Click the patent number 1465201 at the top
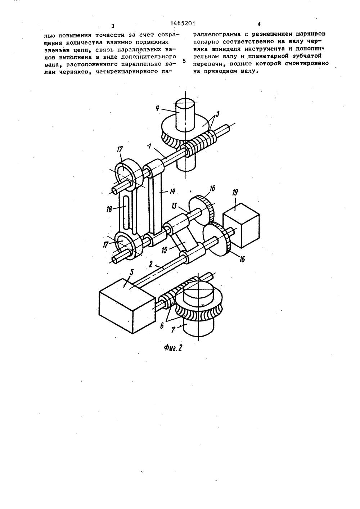point(183,23)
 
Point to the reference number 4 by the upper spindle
point(163,108)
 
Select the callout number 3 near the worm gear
point(217,114)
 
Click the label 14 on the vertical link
point(172,192)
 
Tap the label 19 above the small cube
point(235,193)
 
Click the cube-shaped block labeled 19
point(241,225)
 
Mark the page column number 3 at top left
point(113,26)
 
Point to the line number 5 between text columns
point(185,61)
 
